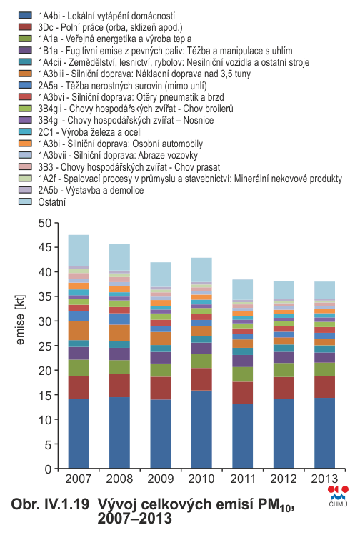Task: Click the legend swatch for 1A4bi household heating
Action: [x=25, y=15]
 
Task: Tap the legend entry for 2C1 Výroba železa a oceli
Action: [x=90, y=132]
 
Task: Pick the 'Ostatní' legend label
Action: [x=52, y=202]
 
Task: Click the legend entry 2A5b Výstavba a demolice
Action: [x=91, y=190]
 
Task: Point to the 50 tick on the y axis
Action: [x=45, y=223]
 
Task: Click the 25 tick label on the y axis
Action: [x=45, y=346]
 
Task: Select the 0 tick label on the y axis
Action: [x=48, y=469]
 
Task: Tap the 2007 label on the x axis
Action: [x=79, y=479]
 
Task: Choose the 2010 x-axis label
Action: [x=201, y=479]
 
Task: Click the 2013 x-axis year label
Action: [x=324, y=479]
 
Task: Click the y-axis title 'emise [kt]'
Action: [x=21, y=320]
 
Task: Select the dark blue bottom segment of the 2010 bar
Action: [x=201, y=429]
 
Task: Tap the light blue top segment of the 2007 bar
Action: [x=79, y=251]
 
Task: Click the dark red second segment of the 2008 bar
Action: [x=119, y=386]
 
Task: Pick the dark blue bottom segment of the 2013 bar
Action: [x=324, y=433]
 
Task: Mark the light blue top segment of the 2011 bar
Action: [x=243, y=290]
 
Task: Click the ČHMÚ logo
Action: [x=338, y=496]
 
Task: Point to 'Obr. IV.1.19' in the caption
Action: [x=50, y=504]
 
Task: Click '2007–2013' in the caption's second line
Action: [x=134, y=519]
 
